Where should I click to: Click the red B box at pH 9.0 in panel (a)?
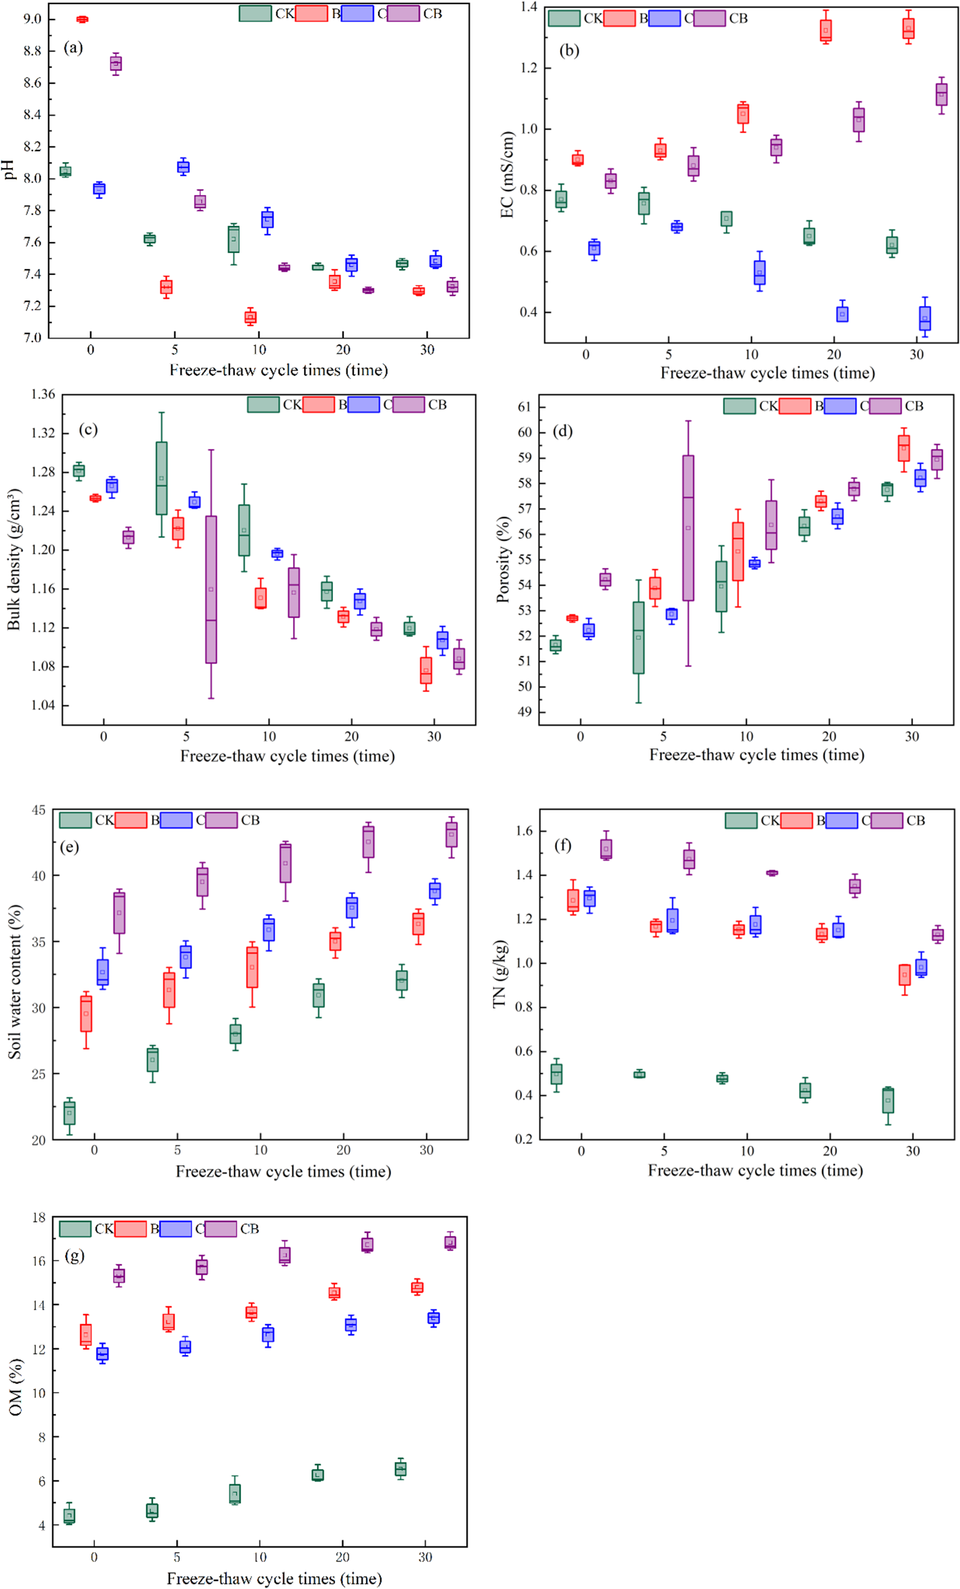[x=82, y=20]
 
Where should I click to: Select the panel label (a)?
[x=73, y=48]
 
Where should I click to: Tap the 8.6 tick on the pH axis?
[x=32, y=83]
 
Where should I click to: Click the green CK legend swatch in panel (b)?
[x=564, y=19]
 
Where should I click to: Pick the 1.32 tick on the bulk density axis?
[x=42, y=433]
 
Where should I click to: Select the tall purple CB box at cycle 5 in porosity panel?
[x=688, y=528]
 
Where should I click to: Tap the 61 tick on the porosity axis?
[x=524, y=407]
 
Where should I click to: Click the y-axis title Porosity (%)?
[x=503, y=559]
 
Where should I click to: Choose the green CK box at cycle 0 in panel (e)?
[x=69, y=1113]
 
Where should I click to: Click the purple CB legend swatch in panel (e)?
[x=221, y=820]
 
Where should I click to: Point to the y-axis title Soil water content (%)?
[x=15, y=982]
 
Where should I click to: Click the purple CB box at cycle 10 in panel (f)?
[x=772, y=873]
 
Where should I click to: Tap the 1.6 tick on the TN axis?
[x=523, y=831]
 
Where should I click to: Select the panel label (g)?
[x=74, y=1255]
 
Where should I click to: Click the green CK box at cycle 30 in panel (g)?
[x=400, y=1469]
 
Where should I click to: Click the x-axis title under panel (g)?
[x=274, y=1578]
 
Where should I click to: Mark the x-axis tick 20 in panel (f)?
[x=830, y=1151]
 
